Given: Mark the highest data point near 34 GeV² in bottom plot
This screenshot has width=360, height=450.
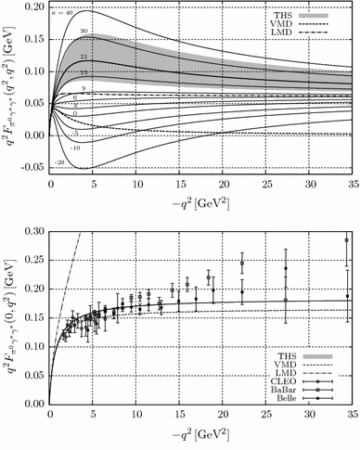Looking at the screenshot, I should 347,240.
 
